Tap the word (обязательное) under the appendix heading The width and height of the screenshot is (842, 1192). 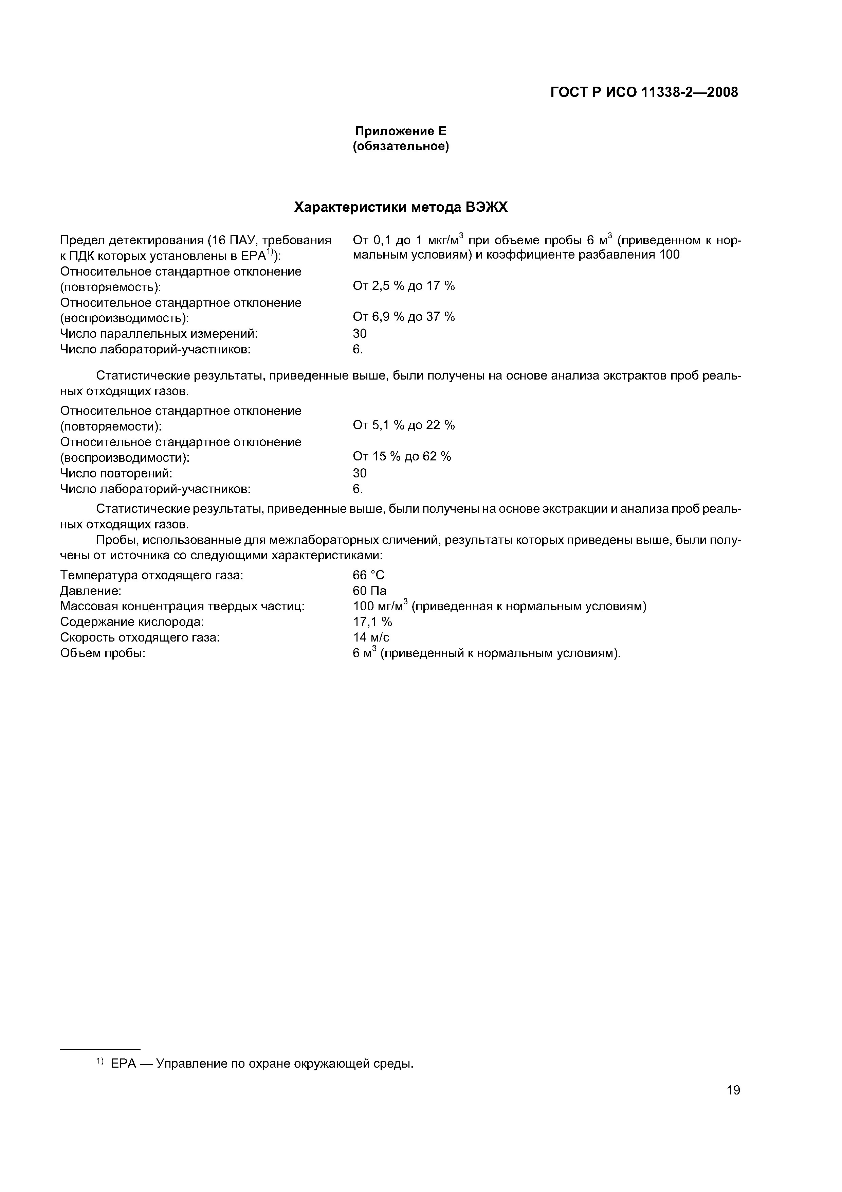point(401,147)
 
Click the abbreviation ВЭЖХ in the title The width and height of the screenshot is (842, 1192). point(487,208)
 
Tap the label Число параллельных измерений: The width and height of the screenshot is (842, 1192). point(159,333)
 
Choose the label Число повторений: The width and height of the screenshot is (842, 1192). point(116,473)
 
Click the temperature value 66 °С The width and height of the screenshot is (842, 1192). point(369,575)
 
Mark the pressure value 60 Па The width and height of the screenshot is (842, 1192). point(369,591)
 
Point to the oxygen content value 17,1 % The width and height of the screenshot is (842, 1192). point(372,622)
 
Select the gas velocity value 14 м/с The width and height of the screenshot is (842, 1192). point(371,637)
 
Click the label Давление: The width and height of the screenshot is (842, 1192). point(91,591)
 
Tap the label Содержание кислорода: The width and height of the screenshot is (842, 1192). point(132,622)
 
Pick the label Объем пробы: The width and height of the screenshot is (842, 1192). point(103,653)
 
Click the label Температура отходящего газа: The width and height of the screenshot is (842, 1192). point(151,575)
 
